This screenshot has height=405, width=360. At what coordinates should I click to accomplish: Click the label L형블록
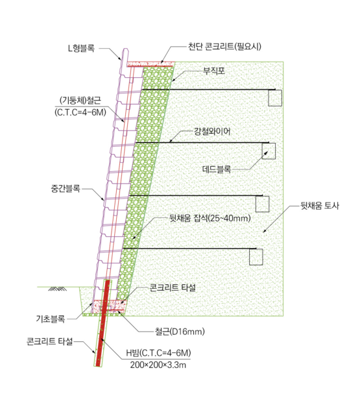pyautogui.click(x=81, y=48)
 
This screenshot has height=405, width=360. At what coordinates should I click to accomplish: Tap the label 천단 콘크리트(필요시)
pyautogui.click(x=224, y=47)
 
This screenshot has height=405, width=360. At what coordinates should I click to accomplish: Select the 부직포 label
pyautogui.click(x=214, y=71)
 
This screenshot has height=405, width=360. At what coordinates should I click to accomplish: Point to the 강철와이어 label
pyautogui.click(x=212, y=132)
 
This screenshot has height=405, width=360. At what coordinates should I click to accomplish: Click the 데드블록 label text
pyautogui.click(x=217, y=169)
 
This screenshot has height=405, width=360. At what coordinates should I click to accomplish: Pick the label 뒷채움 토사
pyautogui.click(x=320, y=206)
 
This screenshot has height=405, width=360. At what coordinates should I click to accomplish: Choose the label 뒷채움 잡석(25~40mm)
pyautogui.click(x=210, y=219)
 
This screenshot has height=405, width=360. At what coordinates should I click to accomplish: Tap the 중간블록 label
pyautogui.click(x=66, y=189)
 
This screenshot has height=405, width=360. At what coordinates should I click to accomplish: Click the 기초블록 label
pyautogui.click(x=51, y=319)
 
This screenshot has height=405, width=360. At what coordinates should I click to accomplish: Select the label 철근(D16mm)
pyautogui.click(x=180, y=332)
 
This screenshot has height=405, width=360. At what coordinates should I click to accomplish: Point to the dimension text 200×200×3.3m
pyautogui.click(x=158, y=365)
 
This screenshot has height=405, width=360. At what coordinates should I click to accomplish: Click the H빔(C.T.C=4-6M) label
pyautogui.click(x=158, y=353)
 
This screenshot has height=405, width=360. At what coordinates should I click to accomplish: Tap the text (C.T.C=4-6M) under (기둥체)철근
pyautogui.click(x=80, y=112)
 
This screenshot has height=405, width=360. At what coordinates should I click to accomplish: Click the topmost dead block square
pyautogui.click(x=275, y=98)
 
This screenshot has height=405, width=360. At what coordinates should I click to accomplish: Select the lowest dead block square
pyautogui.click(x=256, y=257)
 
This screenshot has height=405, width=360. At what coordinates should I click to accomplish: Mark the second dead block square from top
pyautogui.click(x=269, y=151)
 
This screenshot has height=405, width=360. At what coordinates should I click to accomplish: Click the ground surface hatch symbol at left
pyautogui.click(x=57, y=289)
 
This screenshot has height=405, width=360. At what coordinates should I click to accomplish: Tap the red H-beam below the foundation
pyautogui.click(x=103, y=323)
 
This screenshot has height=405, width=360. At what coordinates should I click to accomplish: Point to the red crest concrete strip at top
pyautogui.click(x=150, y=64)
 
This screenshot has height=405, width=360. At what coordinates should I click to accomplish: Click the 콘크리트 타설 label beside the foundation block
pyautogui.click(x=173, y=288)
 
